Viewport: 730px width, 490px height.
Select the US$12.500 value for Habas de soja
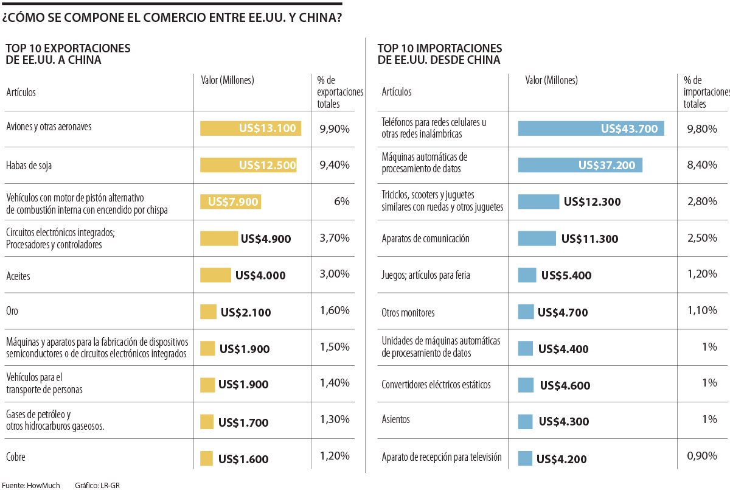tap(267, 165)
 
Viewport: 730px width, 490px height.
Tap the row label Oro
tap(12, 311)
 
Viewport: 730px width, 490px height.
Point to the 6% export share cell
tap(341, 201)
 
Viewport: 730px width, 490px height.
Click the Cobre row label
tap(15, 457)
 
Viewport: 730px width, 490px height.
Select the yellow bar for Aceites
tap(215, 275)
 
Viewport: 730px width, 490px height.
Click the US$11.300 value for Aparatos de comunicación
tap(589, 239)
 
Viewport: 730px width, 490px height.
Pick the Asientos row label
tap(395, 419)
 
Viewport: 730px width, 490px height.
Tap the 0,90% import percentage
tap(702, 456)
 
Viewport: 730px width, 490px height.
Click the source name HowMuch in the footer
tap(43, 485)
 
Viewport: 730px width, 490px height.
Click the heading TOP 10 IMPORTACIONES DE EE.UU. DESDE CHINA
tap(439, 54)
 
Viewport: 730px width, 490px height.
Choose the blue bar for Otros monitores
tap(526, 312)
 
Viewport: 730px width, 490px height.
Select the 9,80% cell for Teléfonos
tap(702, 128)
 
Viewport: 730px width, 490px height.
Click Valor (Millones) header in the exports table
tap(227, 80)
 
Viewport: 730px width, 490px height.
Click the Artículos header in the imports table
tap(397, 92)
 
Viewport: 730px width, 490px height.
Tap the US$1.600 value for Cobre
tap(243, 460)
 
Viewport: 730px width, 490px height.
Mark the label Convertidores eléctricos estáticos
tap(436, 385)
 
